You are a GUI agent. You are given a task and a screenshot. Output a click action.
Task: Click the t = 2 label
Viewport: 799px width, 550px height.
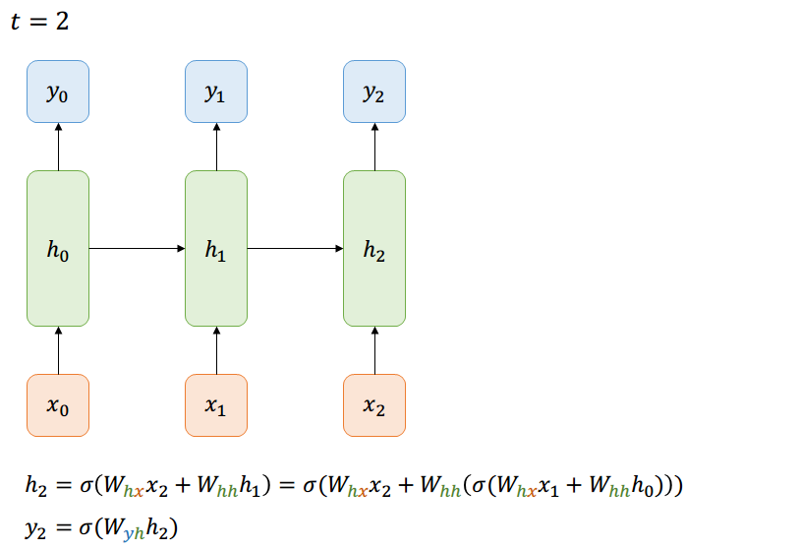pyautogui.click(x=39, y=21)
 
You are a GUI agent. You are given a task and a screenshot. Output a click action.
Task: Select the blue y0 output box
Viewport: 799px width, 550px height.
pyautogui.click(x=58, y=92)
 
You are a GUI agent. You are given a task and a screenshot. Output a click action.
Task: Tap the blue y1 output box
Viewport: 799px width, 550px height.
pyautogui.click(x=216, y=92)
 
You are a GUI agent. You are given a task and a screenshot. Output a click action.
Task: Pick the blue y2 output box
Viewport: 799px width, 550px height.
pyautogui.click(x=373, y=92)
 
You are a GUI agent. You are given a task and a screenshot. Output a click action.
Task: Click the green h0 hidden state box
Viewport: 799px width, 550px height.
pyautogui.click(x=58, y=248)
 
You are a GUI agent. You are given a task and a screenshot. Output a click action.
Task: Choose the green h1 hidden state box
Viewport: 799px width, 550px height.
pyautogui.click(x=216, y=248)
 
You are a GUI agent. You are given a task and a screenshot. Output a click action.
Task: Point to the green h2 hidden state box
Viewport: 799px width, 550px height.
pyautogui.click(x=373, y=248)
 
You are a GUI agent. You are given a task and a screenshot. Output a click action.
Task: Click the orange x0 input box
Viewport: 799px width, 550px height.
pyautogui.click(x=58, y=404)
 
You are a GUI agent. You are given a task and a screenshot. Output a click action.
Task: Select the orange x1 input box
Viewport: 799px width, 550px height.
pyautogui.click(x=216, y=404)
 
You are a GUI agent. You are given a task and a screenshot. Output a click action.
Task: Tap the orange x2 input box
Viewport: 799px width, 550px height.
pyautogui.click(x=373, y=404)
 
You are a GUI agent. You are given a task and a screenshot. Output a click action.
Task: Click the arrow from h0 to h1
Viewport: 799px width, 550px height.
pyautogui.click(x=137, y=249)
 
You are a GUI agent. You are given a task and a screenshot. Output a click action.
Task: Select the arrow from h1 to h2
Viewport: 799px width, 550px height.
pyautogui.click(x=295, y=249)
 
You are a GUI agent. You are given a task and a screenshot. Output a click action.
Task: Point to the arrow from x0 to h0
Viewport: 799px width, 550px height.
pyautogui.click(x=58, y=350)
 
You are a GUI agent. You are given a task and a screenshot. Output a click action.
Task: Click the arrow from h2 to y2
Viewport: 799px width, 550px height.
pyautogui.click(x=373, y=147)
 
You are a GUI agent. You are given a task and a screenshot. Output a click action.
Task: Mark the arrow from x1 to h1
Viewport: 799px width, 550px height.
pyautogui.click(x=216, y=350)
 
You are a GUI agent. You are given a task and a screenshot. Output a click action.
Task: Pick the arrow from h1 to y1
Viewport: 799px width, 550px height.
pyautogui.click(x=216, y=147)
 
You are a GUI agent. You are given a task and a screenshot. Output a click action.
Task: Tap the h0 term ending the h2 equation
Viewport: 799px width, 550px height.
pyautogui.click(x=648, y=487)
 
